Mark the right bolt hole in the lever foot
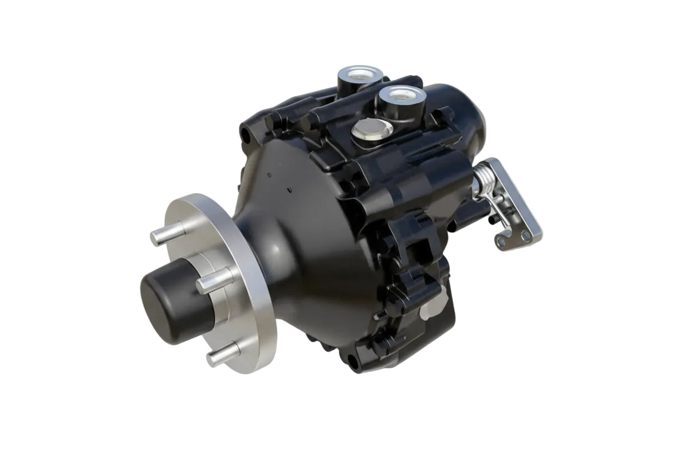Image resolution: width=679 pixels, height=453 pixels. click(525, 236)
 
